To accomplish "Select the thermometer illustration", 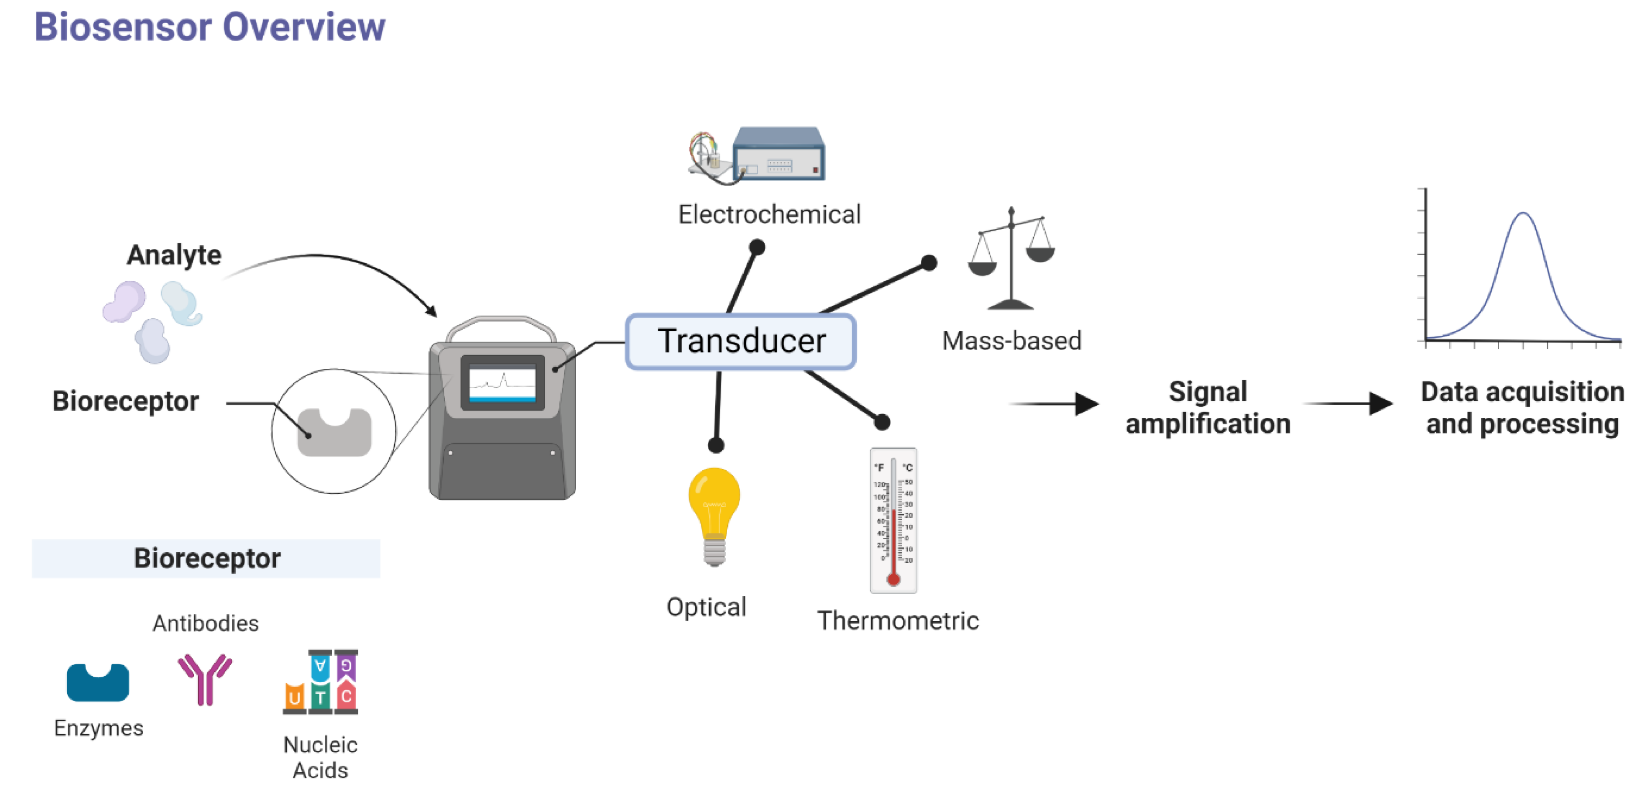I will coord(893,520).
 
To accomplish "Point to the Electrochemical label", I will coord(769,214).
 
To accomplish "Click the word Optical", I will coord(706,607).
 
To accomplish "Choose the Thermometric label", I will coord(898,620).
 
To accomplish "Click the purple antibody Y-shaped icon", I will coord(205,678).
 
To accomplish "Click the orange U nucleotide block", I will coord(294,698).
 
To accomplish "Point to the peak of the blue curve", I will coord(1523,214).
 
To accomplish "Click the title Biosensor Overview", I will coord(209,28).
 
